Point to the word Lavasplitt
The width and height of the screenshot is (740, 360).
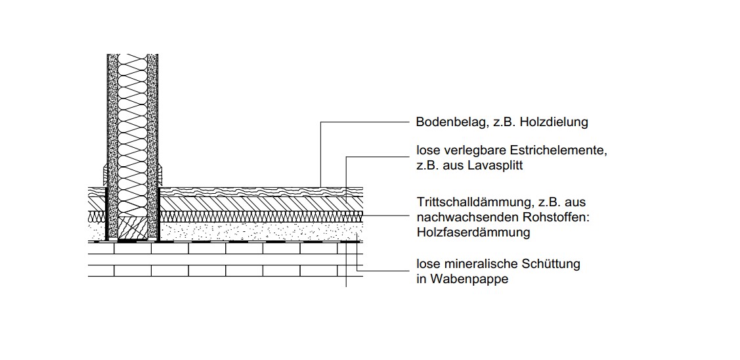coord(496,166)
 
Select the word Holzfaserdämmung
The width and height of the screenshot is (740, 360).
coord(473,233)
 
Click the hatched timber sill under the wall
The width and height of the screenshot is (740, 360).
coord(133,228)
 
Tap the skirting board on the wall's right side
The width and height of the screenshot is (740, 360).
coord(160,175)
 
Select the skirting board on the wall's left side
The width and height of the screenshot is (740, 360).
coord(105,175)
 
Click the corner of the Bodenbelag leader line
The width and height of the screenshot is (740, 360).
coord(321,122)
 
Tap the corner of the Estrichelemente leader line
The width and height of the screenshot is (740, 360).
coord(347,157)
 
